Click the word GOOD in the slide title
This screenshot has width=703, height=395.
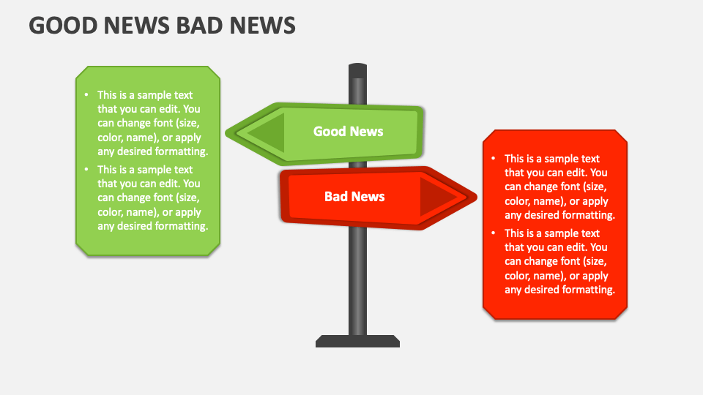coord(63,25)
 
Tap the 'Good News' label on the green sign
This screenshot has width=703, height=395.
coord(348,131)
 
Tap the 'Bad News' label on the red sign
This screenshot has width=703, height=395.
coord(354,197)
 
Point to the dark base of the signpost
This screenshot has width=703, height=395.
coord(357,342)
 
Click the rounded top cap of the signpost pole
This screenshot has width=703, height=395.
coord(358,70)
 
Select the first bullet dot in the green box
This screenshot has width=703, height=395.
coord(86,94)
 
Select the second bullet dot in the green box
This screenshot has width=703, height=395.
coord(86,169)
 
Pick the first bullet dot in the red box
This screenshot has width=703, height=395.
coord(493,158)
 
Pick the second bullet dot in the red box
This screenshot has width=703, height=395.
coord(493,233)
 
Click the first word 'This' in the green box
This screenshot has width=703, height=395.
coord(107,95)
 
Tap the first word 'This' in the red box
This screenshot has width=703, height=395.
coord(514,159)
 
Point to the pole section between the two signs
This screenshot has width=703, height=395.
coord(358,165)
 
